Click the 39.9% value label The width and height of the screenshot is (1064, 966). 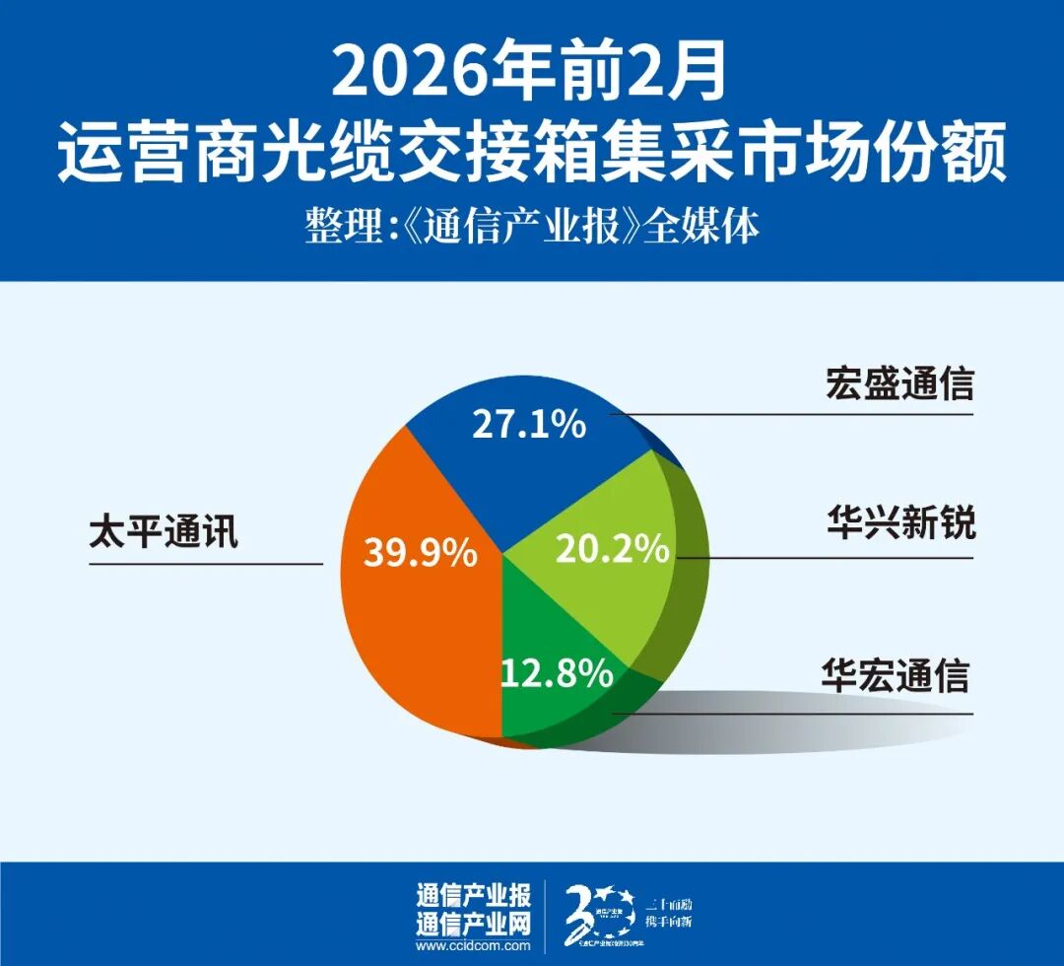[420, 553]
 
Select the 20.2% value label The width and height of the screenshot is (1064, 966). [612, 548]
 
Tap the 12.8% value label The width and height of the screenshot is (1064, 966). [557, 674]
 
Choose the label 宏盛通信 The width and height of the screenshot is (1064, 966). [898, 383]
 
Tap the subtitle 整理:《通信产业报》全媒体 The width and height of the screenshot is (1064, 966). [532, 229]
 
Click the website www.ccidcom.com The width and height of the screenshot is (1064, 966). [473, 947]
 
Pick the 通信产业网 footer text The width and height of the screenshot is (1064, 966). [473, 924]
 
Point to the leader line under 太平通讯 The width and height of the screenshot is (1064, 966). [206, 564]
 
